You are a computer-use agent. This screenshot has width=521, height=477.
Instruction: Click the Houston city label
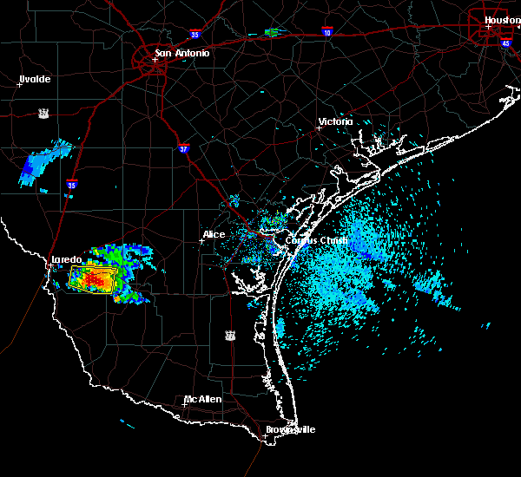(x=502, y=20)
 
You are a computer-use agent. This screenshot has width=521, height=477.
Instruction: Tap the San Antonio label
(x=181, y=53)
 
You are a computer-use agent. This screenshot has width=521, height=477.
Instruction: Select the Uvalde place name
(x=35, y=79)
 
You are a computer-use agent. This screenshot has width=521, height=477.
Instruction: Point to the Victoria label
(x=336, y=121)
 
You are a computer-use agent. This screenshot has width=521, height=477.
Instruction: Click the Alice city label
(x=214, y=234)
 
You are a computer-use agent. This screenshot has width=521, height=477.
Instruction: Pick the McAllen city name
(x=202, y=399)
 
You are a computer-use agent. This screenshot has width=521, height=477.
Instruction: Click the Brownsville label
(x=291, y=429)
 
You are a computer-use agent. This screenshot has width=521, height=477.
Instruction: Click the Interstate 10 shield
(x=326, y=30)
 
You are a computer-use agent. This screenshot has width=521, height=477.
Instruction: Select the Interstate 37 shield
(x=184, y=148)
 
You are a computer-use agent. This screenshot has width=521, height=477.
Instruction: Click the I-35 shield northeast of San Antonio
(x=196, y=35)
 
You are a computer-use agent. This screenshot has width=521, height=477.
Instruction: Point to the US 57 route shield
(x=43, y=113)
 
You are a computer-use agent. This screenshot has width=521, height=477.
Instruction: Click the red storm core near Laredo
(x=91, y=280)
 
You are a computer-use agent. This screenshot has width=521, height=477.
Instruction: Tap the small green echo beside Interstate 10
(x=272, y=33)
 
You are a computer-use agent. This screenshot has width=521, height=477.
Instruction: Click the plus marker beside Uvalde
(x=20, y=84)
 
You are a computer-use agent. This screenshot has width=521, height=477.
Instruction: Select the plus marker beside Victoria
(x=320, y=127)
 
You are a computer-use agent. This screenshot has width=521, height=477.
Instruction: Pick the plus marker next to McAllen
(x=185, y=404)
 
